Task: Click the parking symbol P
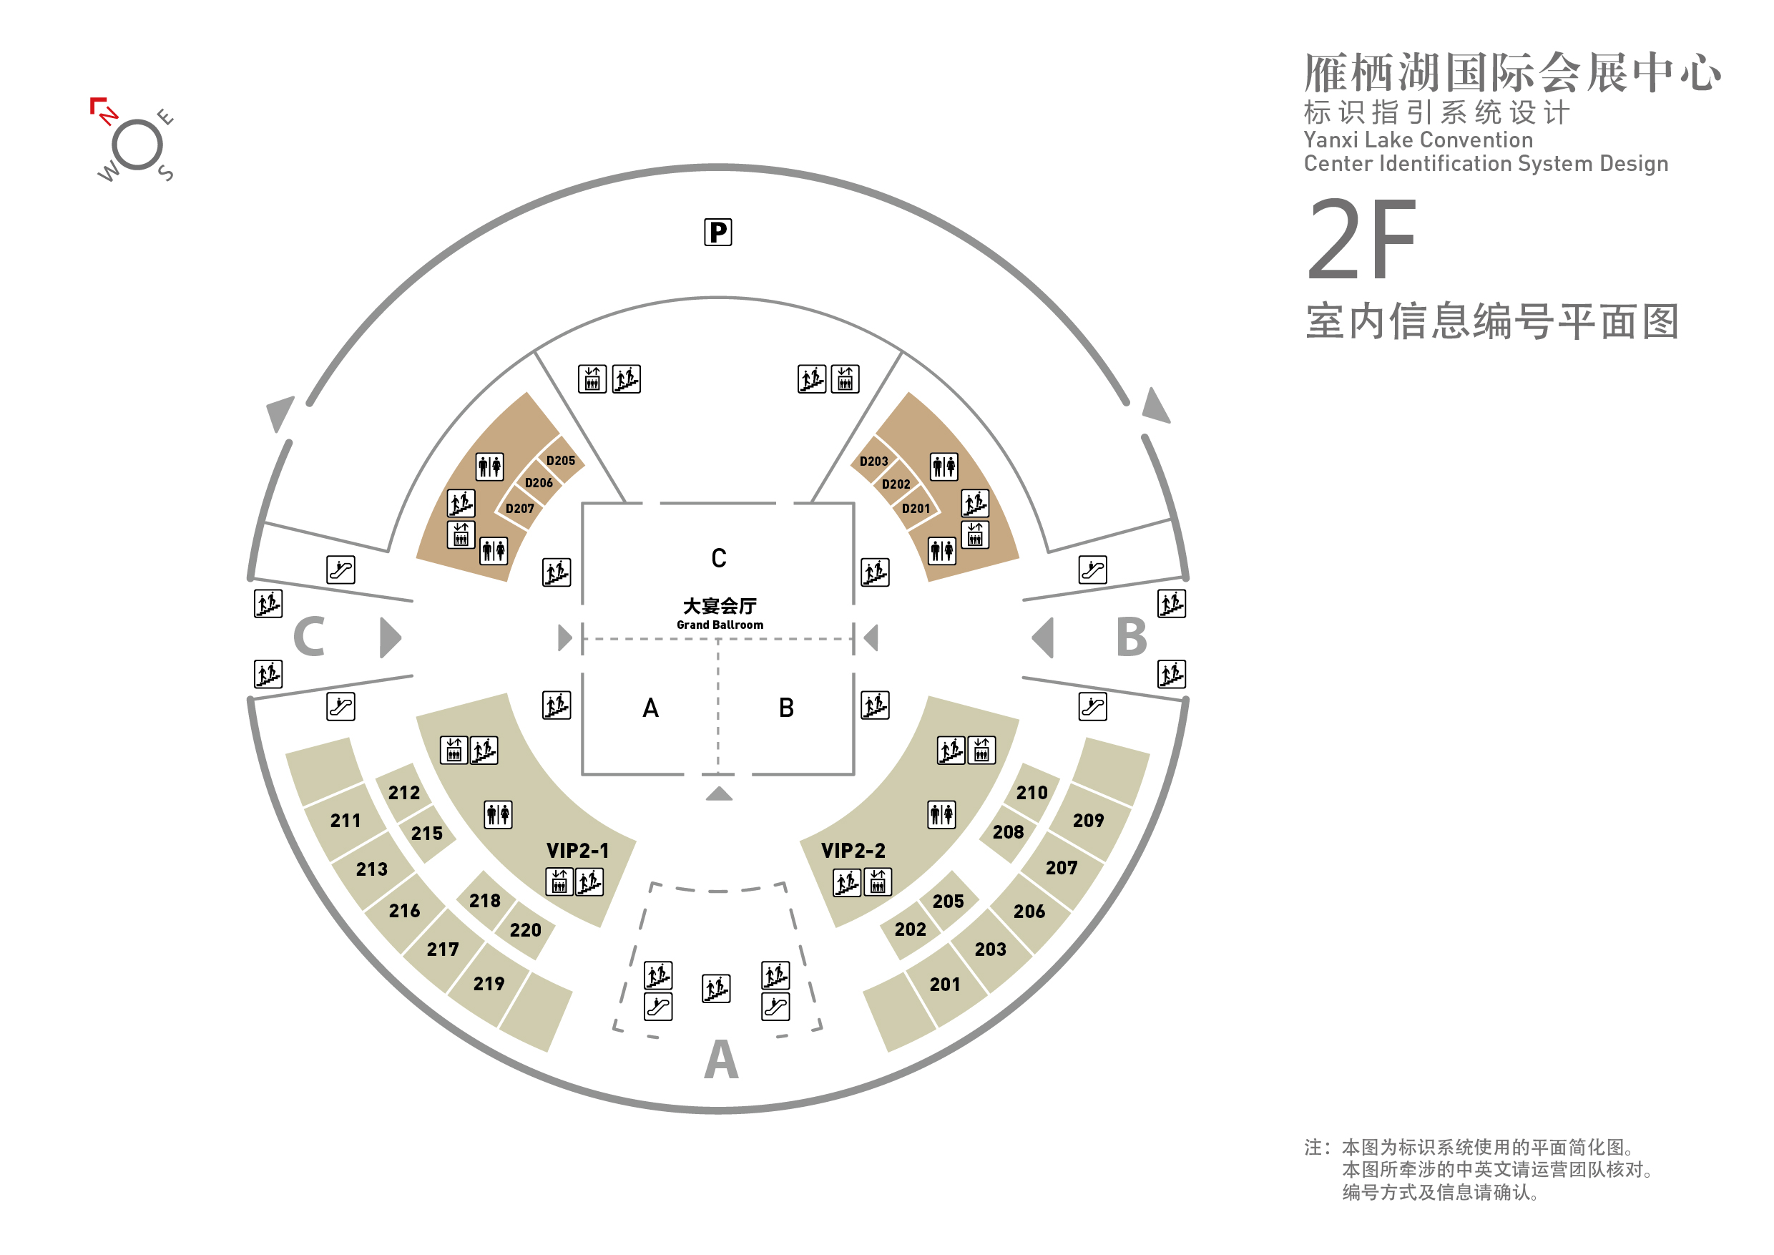717,232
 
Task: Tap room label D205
560,461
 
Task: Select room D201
916,509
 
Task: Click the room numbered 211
346,821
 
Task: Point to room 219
489,984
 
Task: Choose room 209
1088,821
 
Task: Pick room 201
944,985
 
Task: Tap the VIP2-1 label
577,851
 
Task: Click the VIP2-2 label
853,851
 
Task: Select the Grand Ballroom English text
720,625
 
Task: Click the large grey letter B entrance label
1132,638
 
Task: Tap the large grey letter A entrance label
721,1059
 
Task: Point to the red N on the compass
108,116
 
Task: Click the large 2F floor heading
1361,240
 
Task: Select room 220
525,929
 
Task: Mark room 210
1031,793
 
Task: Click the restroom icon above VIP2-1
498,814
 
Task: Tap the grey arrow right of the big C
390,638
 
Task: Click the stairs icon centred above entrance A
716,988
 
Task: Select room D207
519,509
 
